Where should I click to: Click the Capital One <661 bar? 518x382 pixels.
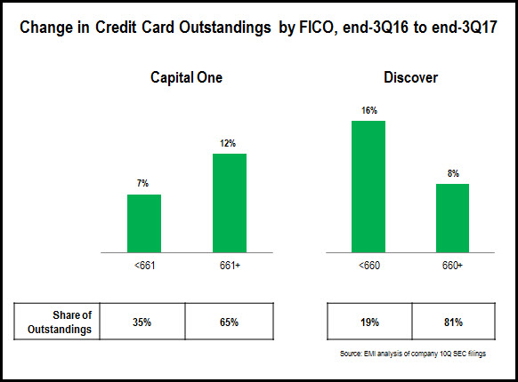(x=144, y=223)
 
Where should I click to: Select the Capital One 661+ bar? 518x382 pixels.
(x=230, y=203)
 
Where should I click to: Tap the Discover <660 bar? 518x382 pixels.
(x=368, y=187)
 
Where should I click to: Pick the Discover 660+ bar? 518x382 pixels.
(x=453, y=218)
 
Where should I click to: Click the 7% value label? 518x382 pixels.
(x=142, y=183)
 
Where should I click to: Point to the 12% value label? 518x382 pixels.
(x=228, y=143)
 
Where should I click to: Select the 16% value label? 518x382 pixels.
(x=369, y=110)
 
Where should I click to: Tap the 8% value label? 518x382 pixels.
(x=453, y=173)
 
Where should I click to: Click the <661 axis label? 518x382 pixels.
(x=145, y=266)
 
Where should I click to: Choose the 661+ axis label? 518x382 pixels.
(x=230, y=266)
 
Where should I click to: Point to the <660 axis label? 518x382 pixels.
(x=369, y=266)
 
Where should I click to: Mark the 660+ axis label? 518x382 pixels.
(x=453, y=266)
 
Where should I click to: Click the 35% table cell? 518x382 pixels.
(x=142, y=322)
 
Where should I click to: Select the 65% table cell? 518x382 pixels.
(x=230, y=322)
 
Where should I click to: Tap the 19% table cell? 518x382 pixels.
(x=369, y=322)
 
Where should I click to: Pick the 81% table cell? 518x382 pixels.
(x=453, y=322)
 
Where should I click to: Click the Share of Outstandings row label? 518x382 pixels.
(x=60, y=322)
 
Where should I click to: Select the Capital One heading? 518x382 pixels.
(x=186, y=77)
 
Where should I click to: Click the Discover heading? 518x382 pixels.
(x=410, y=77)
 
